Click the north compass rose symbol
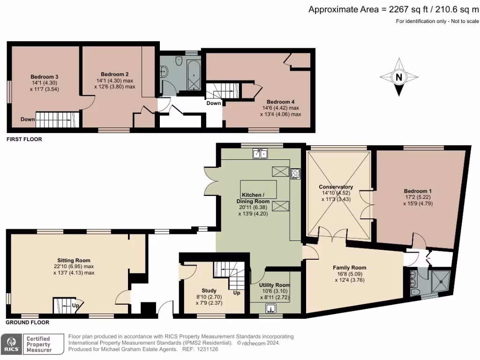point(398,77)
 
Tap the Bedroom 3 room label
point(44,77)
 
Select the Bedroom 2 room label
point(114,74)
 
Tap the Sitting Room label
point(74,260)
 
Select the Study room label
point(209,290)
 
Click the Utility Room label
point(274,285)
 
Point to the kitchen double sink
point(260,153)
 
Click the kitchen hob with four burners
point(296,173)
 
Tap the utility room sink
point(271,308)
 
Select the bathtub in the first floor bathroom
point(193,75)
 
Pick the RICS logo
point(12,344)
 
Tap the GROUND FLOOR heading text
point(27,322)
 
